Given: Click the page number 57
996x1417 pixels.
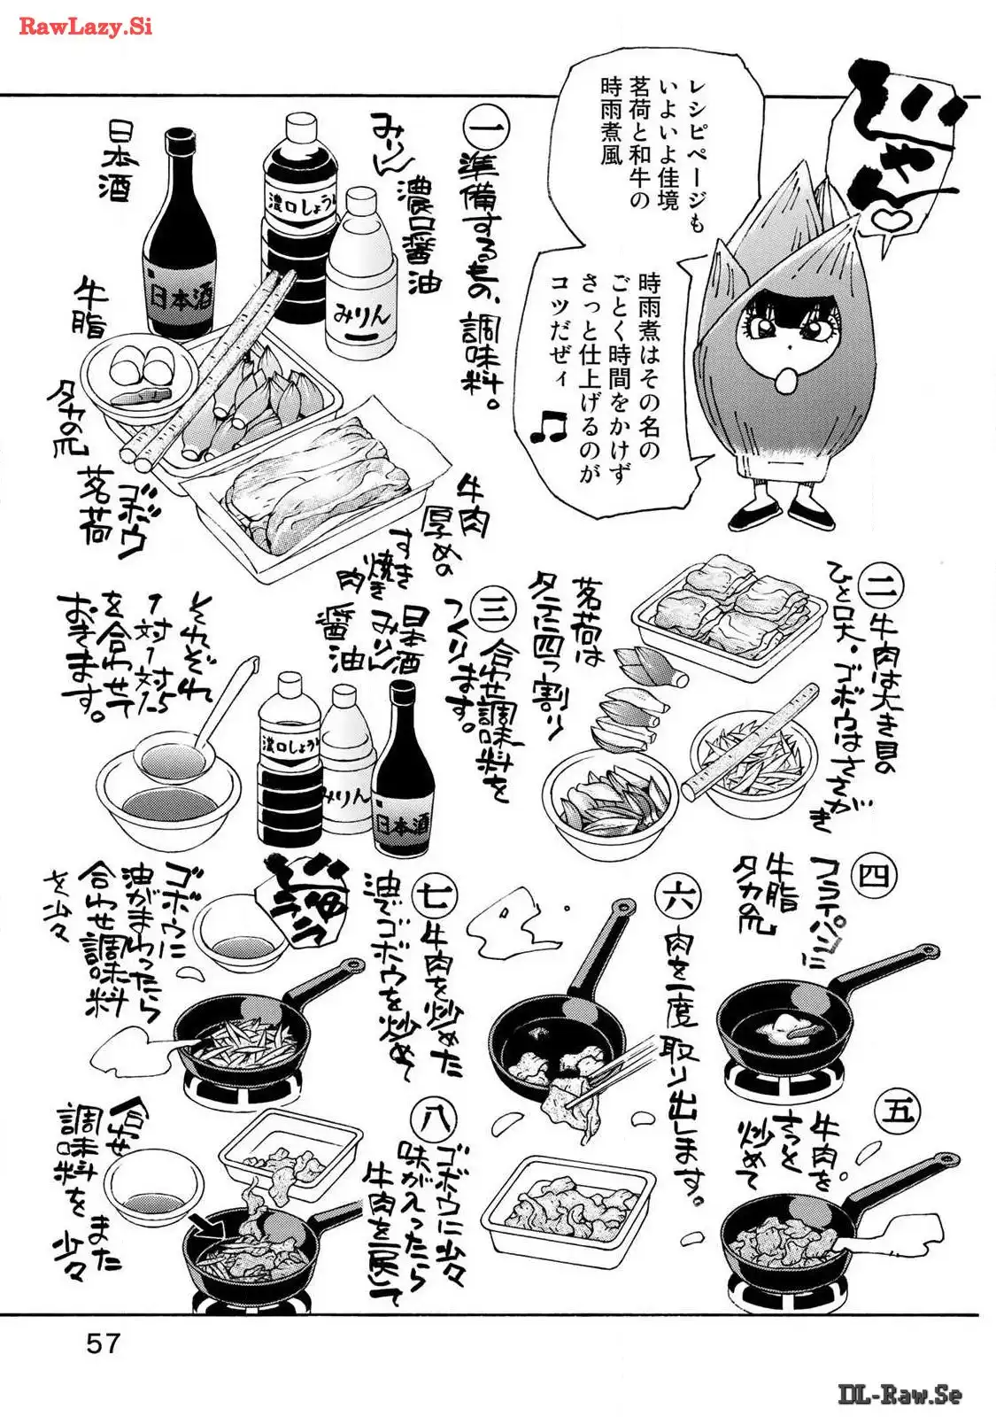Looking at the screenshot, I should coord(103,1343).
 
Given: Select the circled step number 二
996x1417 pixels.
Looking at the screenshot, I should coord(884,583).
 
